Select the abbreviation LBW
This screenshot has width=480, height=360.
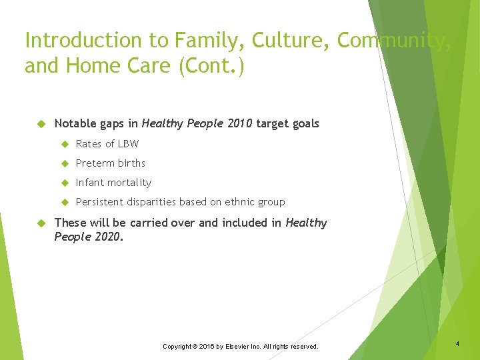(128, 143)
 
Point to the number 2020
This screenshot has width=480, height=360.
(107, 236)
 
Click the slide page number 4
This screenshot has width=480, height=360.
(458, 343)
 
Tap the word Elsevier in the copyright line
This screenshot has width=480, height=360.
(237, 347)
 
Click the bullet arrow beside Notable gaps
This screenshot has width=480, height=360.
(40, 123)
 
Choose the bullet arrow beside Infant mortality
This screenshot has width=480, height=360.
(65, 183)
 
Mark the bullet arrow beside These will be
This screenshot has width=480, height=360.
(40, 223)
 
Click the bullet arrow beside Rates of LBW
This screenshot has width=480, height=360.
(65, 143)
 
